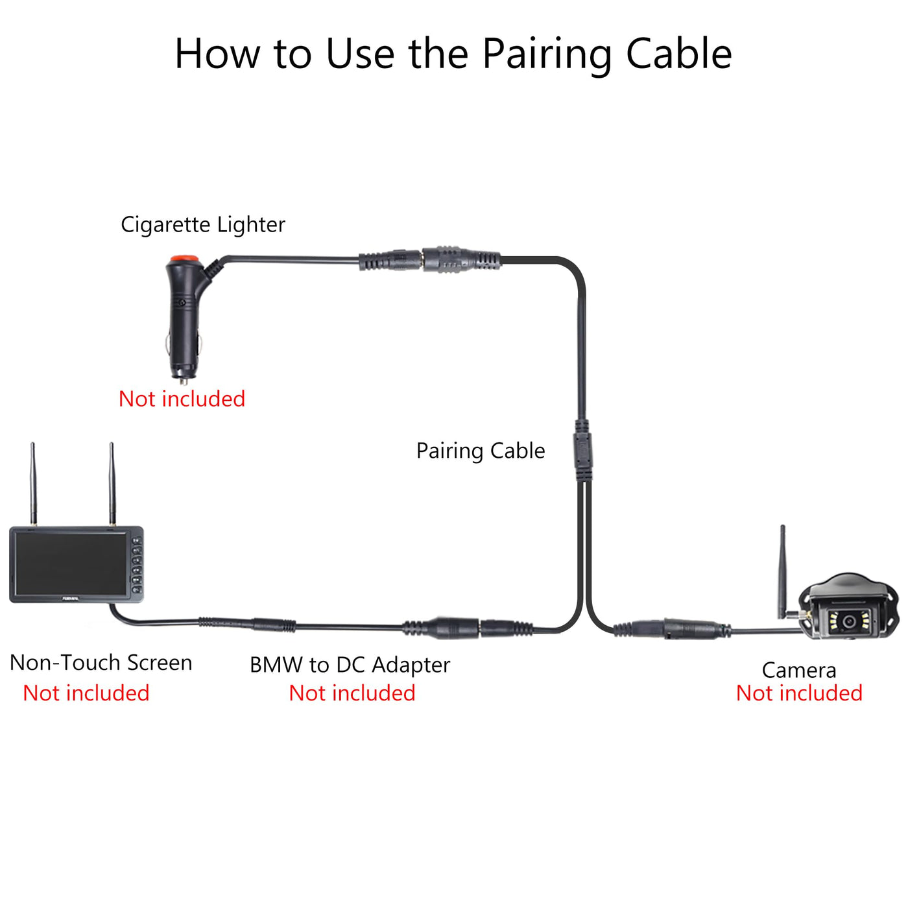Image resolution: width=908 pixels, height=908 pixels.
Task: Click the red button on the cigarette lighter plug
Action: click(x=184, y=259)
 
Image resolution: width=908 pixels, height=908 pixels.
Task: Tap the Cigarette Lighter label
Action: click(x=202, y=225)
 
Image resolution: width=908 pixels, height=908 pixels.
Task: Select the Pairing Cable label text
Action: click(x=481, y=451)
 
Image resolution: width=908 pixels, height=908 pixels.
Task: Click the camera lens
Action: click(x=849, y=621)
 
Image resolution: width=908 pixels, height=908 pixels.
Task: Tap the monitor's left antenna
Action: click(x=33, y=483)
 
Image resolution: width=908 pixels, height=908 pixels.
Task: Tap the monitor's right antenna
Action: click(x=112, y=483)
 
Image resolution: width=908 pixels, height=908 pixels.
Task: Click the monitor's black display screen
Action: click(x=71, y=564)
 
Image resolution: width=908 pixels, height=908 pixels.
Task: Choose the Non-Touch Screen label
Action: click(x=101, y=663)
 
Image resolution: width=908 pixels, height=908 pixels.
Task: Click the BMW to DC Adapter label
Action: click(x=350, y=665)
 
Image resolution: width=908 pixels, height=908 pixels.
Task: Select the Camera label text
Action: click(x=799, y=671)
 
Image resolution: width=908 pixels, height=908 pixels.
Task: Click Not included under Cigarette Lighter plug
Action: click(x=182, y=399)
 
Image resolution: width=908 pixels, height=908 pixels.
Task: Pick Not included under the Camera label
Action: click(x=799, y=693)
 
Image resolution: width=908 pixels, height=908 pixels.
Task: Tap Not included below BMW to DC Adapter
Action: click(x=352, y=693)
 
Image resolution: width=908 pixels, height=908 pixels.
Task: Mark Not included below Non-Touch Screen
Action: click(x=86, y=693)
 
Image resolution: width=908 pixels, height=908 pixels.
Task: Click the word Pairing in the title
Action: click(x=547, y=56)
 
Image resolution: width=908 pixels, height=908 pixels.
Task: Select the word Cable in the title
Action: click(x=679, y=53)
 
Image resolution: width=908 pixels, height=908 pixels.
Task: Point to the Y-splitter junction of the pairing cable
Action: click(x=583, y=450)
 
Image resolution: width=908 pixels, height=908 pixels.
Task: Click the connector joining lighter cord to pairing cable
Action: click(x=429, y=259)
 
